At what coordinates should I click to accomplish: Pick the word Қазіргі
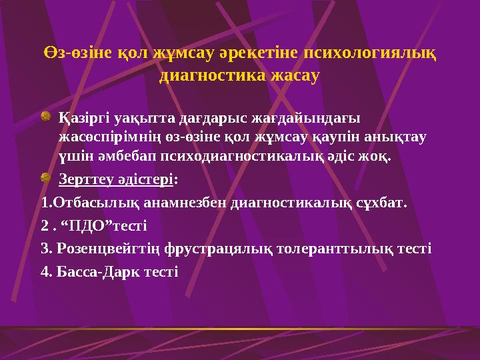[84, 119]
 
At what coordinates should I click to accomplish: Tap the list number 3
[44, 249]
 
